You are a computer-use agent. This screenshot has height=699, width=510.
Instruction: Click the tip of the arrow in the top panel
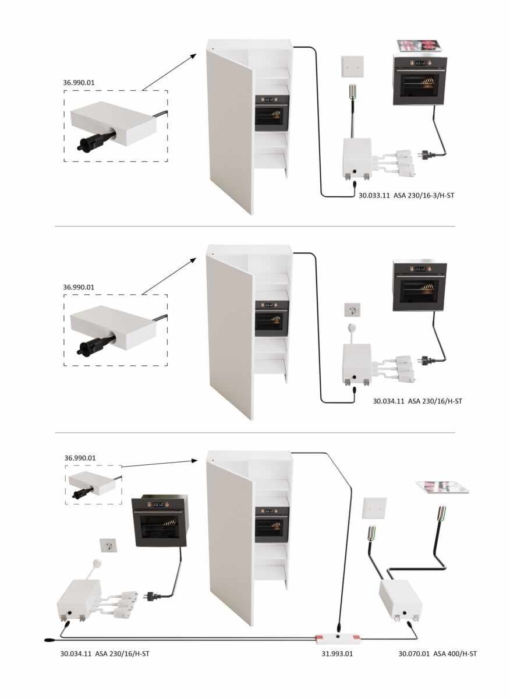196,54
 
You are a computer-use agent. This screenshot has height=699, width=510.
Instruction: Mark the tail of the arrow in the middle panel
142,295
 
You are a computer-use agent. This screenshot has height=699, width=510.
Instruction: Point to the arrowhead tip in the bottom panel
197,461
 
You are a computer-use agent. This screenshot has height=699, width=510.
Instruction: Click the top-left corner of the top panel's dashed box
64,91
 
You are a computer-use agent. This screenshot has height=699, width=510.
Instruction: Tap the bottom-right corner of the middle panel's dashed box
168,365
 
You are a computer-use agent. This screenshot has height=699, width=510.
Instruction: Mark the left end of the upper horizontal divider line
55,226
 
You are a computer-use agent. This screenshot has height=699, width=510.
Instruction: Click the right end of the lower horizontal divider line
455,433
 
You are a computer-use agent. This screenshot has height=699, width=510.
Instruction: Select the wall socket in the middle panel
352,310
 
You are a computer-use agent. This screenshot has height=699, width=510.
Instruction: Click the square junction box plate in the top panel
352,66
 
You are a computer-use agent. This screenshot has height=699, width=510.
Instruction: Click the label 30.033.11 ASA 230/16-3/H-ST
406,196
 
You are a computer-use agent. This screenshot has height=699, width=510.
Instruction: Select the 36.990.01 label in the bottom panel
80,458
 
